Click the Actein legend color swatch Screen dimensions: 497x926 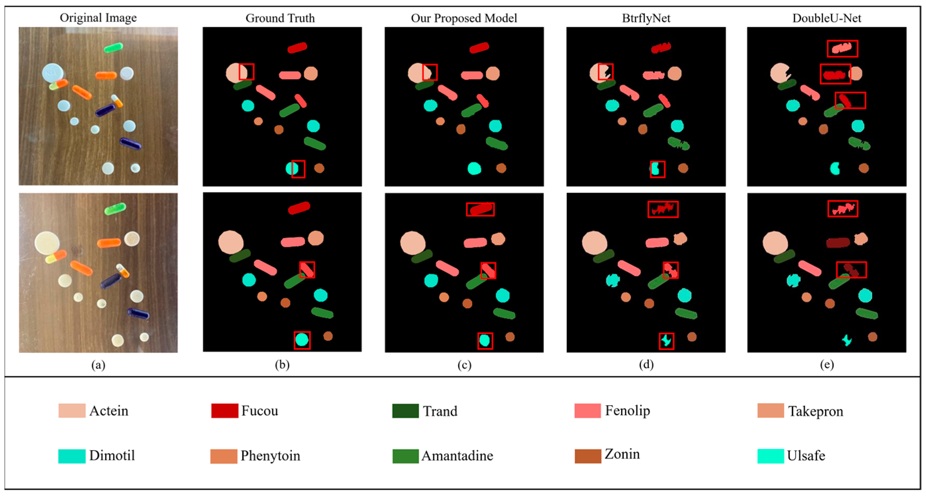click(x=72, y=410)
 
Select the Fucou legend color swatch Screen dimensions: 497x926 click(x=225, y=410)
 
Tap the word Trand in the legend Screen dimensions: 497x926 click(x=440, y=411)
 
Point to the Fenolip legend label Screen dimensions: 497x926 click(x=627, y=410)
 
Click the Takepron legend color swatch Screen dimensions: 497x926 click(x=770, y=410)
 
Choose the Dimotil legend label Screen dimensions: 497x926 click(x=112, y=456)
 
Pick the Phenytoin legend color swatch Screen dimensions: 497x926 click(x=223, y=456)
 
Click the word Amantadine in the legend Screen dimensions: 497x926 click(x=457, y=456)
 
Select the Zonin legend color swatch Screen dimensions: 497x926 click(x=588, y=456)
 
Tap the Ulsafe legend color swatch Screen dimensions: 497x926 click(x=770, y=456)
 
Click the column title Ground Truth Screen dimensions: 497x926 click(x=280, y=18)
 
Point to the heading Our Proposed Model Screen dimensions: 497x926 click(x=464, y=18)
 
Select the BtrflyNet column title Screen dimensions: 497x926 click(x=646, y=18)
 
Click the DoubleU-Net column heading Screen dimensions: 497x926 click(x=826, y=18)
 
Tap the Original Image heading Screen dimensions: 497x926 click(x=98, y=18)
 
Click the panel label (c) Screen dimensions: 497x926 click(x=464, y=365)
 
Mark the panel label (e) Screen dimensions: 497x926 click(x=827, y=365)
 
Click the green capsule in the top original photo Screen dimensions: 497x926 click(x=114, y=47)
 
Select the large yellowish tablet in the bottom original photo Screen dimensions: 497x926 click(x=47, y=242)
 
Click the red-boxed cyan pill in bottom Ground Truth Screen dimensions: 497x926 click(x=302, y=340)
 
